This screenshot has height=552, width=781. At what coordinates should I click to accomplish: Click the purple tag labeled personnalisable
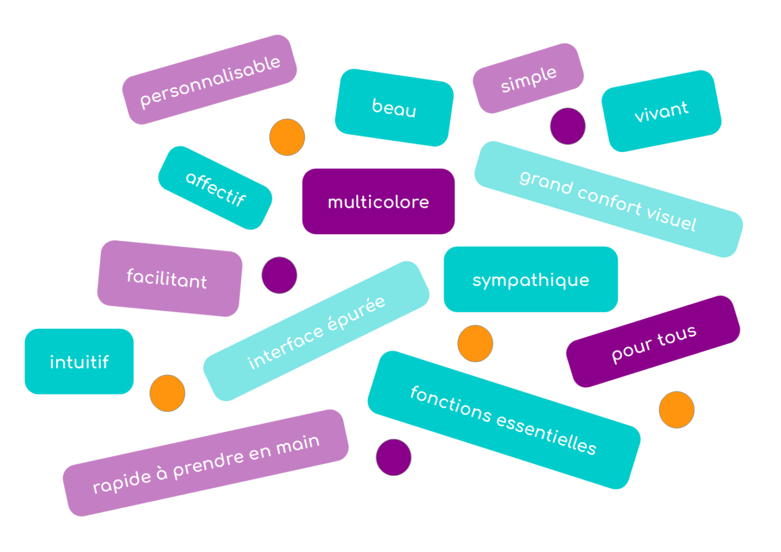pos(209,80)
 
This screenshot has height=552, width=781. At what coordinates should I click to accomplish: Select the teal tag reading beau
pos(394,108)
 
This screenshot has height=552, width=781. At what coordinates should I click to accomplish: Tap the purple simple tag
pos(528,79)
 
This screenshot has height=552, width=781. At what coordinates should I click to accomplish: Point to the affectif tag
pos(215,188)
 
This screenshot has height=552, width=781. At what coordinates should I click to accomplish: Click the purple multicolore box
pos(378,202)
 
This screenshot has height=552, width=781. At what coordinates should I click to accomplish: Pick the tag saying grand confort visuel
pos(608,199)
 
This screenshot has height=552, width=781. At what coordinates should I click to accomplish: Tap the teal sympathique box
pos(531,280)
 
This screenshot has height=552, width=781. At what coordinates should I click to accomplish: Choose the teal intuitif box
pos(79,362)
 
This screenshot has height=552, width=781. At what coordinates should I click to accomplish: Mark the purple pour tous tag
pos(653,342)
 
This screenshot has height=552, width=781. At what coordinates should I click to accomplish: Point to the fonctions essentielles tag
pos(503,420)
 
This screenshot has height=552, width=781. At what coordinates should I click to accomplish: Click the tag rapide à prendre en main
pos(206,463)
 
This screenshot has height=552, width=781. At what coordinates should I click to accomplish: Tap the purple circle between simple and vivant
pos(567,126)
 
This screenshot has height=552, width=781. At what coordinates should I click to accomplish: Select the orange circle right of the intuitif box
pos(167,393)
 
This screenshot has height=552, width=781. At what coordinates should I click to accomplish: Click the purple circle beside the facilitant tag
pos(279,275)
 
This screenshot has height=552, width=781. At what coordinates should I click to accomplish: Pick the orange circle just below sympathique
pos(475,343)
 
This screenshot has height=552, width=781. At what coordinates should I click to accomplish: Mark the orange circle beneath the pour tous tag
pos(677,409)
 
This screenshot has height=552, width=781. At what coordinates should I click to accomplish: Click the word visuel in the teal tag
pos(671,218)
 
